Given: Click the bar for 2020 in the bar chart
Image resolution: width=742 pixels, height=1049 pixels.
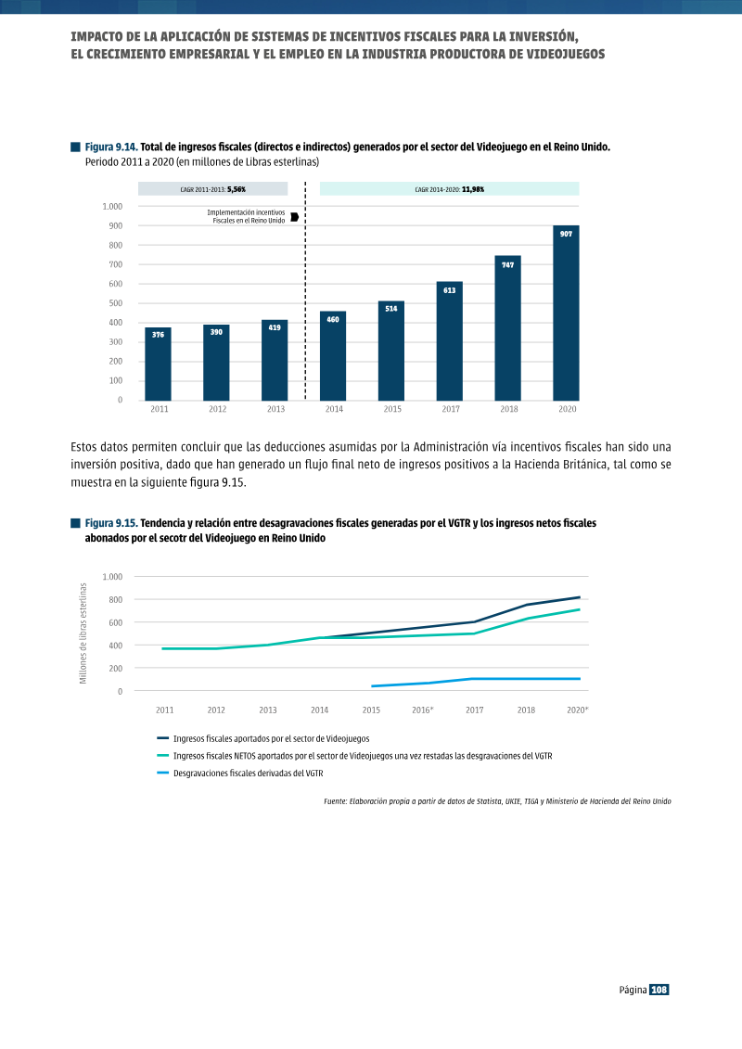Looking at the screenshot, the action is [x=566, y=313].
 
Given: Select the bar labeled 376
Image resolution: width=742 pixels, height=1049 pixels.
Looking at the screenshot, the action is [x=158, y=364].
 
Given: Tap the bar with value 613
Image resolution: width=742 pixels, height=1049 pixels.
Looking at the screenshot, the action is [x=450, y=341].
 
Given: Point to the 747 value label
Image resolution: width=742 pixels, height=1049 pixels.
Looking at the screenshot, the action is [x=508, y=265].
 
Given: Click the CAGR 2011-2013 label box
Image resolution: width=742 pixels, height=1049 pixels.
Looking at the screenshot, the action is [x=212, y=189].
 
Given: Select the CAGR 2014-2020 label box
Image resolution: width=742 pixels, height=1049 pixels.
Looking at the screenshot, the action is [x=450, y=189].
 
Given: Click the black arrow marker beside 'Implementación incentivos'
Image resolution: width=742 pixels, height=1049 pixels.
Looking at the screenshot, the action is [x=294, y=217].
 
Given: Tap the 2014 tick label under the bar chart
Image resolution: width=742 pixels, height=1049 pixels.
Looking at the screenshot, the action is [x=334, y=409].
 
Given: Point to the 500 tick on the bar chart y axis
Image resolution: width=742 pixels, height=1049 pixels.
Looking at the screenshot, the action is [x=116, y=303].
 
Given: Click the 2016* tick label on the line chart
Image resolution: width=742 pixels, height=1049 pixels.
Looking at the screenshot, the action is [x=423, y=710].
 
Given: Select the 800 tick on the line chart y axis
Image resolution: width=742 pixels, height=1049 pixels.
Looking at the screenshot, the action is [x=116, y=599].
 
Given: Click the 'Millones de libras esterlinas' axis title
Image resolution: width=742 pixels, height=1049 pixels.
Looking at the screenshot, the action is [x=83, y=633].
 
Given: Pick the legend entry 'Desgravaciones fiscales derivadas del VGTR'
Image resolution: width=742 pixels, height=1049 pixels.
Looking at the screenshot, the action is [x=249, y=774].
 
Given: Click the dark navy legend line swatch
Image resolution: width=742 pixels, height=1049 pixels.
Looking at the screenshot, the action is [x=162, y=738].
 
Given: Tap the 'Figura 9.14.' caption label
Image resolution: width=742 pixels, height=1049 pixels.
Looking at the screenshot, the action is [x=111, y=147].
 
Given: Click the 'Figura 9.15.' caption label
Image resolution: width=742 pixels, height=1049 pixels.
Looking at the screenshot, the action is [x=111, y=523].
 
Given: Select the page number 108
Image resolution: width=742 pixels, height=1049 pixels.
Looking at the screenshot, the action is [x=659, y=990].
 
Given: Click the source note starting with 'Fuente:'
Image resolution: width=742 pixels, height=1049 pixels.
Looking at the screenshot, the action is [x=497, y=800].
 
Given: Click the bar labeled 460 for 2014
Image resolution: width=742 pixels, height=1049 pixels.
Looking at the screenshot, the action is [x=333, y=356].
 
